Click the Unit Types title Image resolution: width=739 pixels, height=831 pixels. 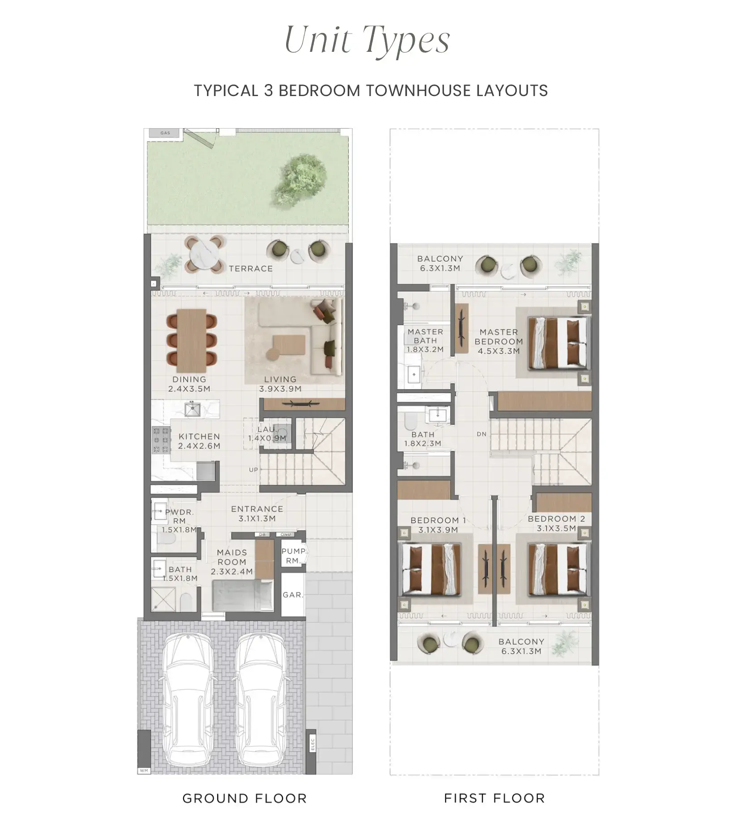pos(367,40)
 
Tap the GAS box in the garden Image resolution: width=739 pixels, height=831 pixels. pos(165,133)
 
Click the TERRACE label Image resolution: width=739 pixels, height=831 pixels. pos(250,269)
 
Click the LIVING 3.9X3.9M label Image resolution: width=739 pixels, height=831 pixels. pos(280,384)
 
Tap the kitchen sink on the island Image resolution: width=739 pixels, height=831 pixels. pos(193,409)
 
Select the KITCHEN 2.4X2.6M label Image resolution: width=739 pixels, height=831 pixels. pos(199,441)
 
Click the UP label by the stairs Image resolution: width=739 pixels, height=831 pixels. pos(253,470)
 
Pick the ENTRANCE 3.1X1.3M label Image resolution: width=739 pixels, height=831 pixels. pos(257,514)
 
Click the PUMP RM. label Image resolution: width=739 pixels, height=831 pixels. pos(293,556)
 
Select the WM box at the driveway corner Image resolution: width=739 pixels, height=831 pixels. pos(144,771)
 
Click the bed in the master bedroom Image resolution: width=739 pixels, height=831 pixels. pos(559,343)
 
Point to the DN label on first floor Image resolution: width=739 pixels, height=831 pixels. pos(481,434)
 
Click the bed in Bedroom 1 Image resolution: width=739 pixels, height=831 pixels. pos(431,569)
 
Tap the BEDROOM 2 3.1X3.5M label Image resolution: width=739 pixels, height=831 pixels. pos(556,523)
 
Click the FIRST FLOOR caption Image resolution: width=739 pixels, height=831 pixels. pos(494,798)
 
